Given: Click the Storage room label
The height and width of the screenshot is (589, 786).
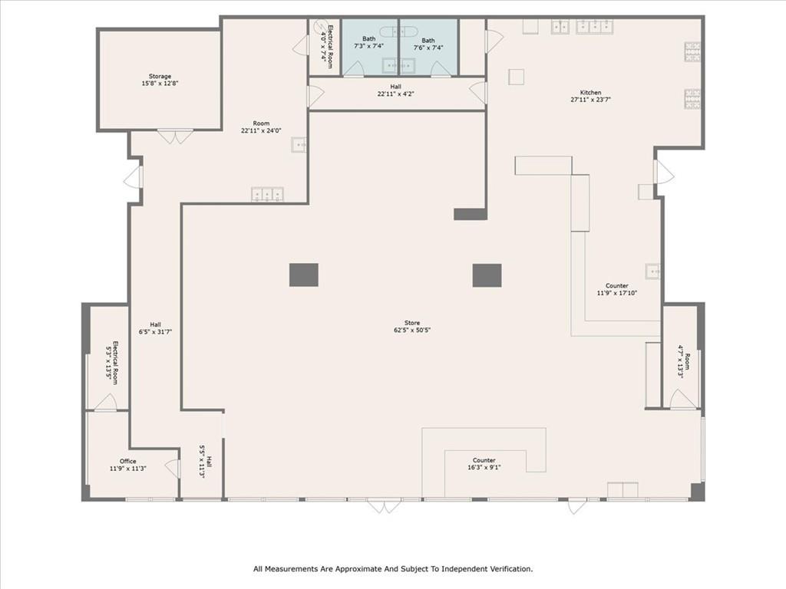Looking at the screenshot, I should pyautogui.click(x=160, y=77).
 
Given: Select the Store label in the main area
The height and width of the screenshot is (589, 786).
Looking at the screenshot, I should pyautogui.click(x=412, y=323).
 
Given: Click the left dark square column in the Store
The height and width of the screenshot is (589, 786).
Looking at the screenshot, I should pyautogui.click(x=304, y=275).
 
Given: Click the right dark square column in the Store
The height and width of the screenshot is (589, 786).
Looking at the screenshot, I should pyautogui.click(x=487, y=275).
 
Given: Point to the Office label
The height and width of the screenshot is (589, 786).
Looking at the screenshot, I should pyautogui.click(x=127, y=461).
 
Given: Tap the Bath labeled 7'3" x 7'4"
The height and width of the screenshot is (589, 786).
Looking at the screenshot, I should pyautogui.click(x=369, y=42).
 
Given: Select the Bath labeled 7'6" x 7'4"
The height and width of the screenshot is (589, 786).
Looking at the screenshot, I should pyautogui.click(x=428, y=44).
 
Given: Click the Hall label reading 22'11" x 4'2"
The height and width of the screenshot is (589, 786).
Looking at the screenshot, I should pyautogui.click(x=395, y=90).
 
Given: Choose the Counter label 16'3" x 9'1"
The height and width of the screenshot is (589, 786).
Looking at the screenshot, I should pyautogui.click(x=484, y=464).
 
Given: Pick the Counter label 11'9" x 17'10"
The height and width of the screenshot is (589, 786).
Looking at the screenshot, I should pyautogui.click(x=616, y=289).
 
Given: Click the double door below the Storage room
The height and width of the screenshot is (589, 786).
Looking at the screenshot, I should pyautogui.click(x=176, y=137).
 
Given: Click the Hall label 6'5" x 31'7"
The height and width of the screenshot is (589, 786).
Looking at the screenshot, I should pyautogui.click(x=155, y=328).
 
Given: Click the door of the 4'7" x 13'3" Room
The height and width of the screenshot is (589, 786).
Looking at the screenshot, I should pyautogui.click(x=682, y=400).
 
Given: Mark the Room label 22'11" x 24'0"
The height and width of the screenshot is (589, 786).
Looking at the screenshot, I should pyautogui.click(x=262, y=127).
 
